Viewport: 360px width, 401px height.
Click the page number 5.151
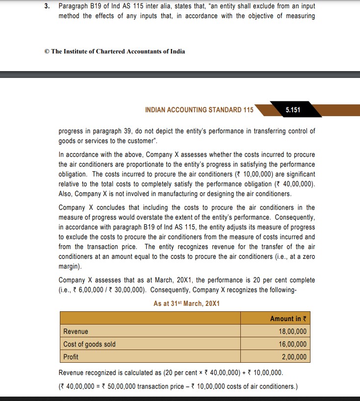[292, 110]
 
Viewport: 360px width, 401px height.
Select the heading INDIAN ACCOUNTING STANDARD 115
[199, 110]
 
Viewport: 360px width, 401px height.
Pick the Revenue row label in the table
[76, 331]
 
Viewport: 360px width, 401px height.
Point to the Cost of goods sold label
[89, 344]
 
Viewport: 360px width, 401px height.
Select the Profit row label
[71, 357]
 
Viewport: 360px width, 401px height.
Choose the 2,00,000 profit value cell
[294, 357]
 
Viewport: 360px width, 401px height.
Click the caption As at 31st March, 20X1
[186, 303]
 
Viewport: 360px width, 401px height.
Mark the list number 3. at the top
[48, 6]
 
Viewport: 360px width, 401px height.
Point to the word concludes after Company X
[115, 208]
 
